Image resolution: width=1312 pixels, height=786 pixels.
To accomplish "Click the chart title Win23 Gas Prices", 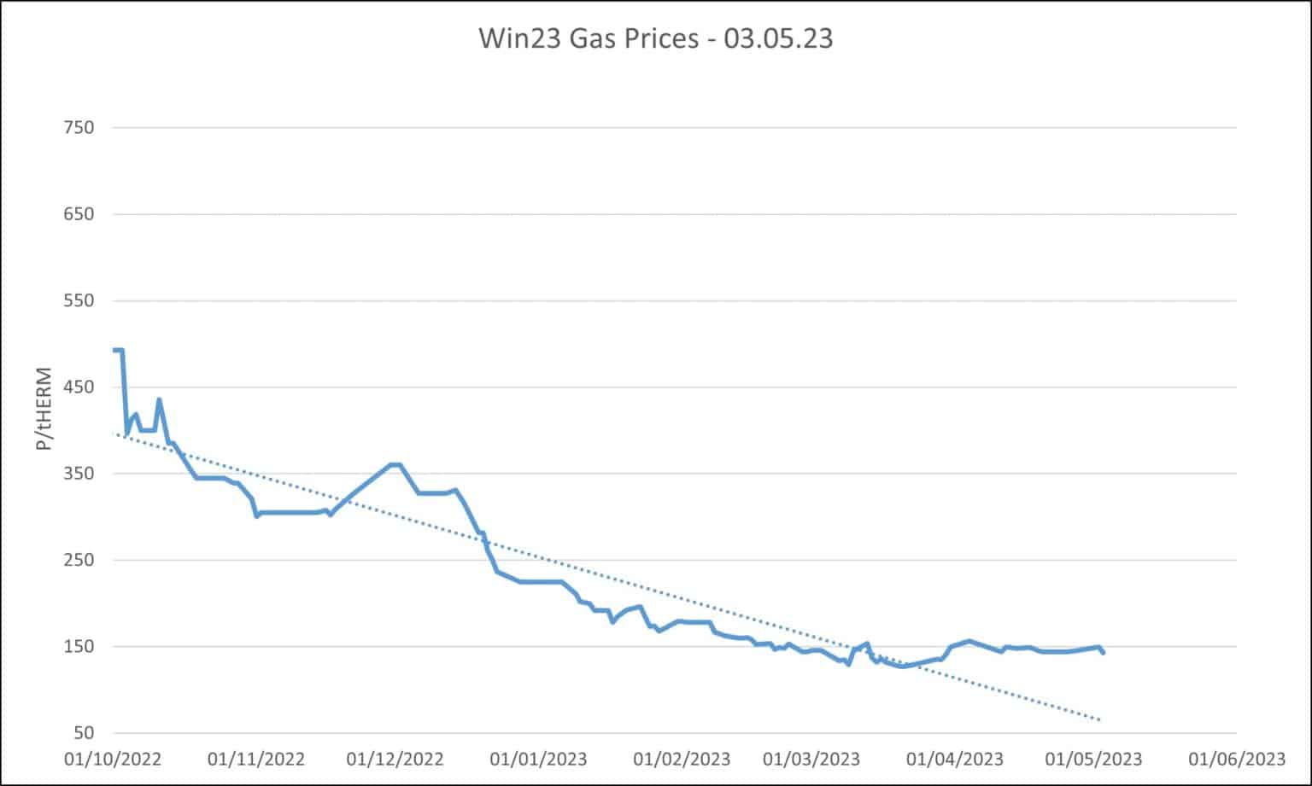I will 655,38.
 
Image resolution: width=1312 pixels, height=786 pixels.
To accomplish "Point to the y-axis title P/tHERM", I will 44,410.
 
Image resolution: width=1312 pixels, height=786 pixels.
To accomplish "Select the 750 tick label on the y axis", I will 79,128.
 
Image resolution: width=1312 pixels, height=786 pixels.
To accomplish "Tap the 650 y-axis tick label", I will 79,214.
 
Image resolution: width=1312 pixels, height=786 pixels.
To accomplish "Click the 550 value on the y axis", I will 79,300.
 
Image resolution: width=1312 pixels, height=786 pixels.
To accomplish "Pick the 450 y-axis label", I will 79,387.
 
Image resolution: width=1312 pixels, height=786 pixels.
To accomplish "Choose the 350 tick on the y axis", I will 79,474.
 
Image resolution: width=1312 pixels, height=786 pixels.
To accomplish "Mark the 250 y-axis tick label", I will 79,560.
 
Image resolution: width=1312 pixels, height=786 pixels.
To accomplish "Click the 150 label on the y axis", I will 79,647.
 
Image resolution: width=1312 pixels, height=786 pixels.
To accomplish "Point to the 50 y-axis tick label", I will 83,733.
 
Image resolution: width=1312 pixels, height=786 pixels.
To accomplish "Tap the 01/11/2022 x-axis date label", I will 255,759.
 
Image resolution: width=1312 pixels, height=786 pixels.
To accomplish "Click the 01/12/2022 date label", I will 395,759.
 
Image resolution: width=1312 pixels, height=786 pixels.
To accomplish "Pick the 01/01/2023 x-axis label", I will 539,759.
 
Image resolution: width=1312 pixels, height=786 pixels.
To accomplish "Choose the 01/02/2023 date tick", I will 682,759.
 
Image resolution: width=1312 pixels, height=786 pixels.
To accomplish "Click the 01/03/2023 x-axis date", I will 811,759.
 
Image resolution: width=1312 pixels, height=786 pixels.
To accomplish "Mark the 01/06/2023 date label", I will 1236,759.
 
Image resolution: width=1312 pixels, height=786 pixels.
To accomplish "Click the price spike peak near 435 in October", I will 159,399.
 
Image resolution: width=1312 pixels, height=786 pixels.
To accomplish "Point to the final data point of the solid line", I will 1104,653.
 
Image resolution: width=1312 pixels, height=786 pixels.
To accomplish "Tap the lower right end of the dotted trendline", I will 1100,720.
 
